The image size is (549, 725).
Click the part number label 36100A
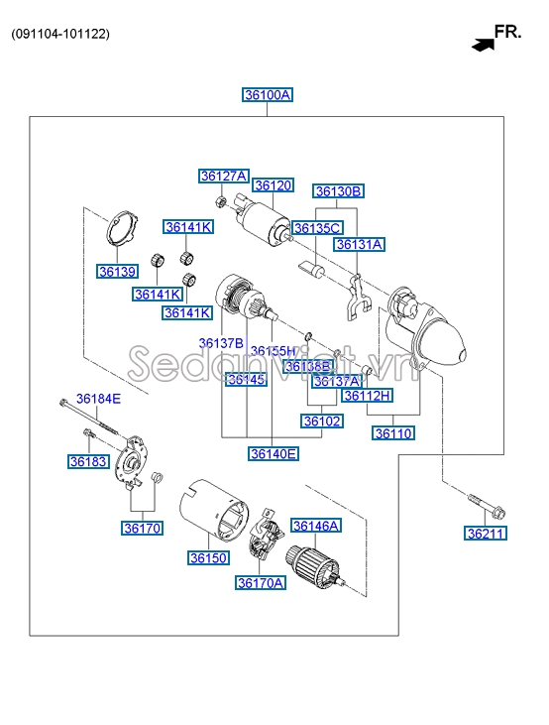[x=268, y=95]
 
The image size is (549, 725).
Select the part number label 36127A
[x=224, y=177]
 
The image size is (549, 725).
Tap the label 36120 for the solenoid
[x=273, y=185]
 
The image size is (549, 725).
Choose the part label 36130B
[x=338, y=191]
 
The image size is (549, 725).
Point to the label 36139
[x=117, y=271]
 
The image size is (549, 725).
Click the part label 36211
[x=486, y=534]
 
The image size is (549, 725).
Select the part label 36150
[x=209, y=558]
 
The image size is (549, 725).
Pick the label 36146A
[x=315, y=526]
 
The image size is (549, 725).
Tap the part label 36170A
[x=261, y=583]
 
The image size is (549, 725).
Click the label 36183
[x=86, y=461]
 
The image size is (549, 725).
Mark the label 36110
[x=393, y=432]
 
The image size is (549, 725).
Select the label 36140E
[x=273, y=454]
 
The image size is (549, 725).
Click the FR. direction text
[x=507, y=32]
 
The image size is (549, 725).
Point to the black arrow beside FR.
[x=483, y=44]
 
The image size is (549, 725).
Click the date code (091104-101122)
[x=60, y=34]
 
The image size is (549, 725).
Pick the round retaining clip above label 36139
[x=123, y=232]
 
